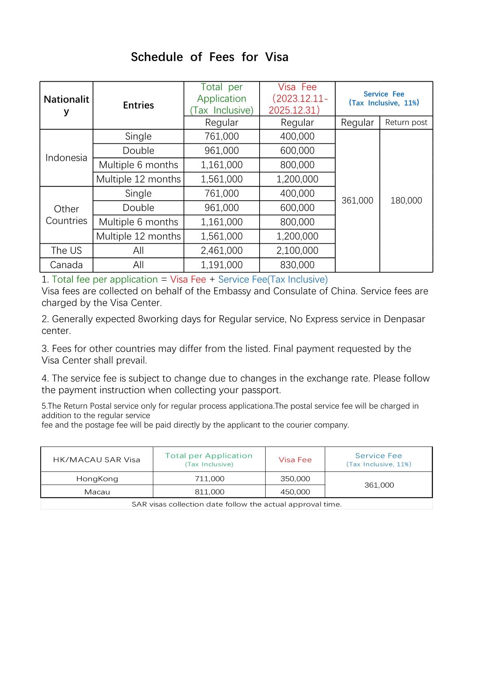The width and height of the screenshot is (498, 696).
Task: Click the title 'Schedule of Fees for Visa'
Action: [210, 57]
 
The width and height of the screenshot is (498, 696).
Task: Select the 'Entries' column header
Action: [138, 105]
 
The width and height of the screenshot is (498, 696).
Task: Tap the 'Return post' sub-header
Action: [406, 122]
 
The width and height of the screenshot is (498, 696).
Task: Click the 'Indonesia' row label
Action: [66, 158]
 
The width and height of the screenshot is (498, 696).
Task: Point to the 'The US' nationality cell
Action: [66, 251]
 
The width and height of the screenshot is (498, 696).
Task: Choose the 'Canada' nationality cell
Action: [66, 265]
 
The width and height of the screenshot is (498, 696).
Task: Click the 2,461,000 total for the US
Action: [221, 251]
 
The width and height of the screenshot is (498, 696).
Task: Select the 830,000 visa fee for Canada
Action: [297, 265]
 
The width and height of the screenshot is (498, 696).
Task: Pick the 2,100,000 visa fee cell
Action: [297, 251]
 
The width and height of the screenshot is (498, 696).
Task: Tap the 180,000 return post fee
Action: [406, 200]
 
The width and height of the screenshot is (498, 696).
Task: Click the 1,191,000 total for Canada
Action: [221, 265]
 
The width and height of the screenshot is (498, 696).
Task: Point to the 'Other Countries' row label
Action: [66, 215]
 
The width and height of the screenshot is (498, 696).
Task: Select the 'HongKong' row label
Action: [97, 479]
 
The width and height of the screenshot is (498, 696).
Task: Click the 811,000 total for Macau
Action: [210, 492]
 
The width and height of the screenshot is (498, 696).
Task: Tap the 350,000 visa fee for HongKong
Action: [295, 479]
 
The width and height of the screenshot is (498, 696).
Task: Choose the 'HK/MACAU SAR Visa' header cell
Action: [96, 460]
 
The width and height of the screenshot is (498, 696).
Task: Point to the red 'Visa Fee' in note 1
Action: [188, 280]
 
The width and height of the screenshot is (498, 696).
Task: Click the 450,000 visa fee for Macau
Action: [295, 492]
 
